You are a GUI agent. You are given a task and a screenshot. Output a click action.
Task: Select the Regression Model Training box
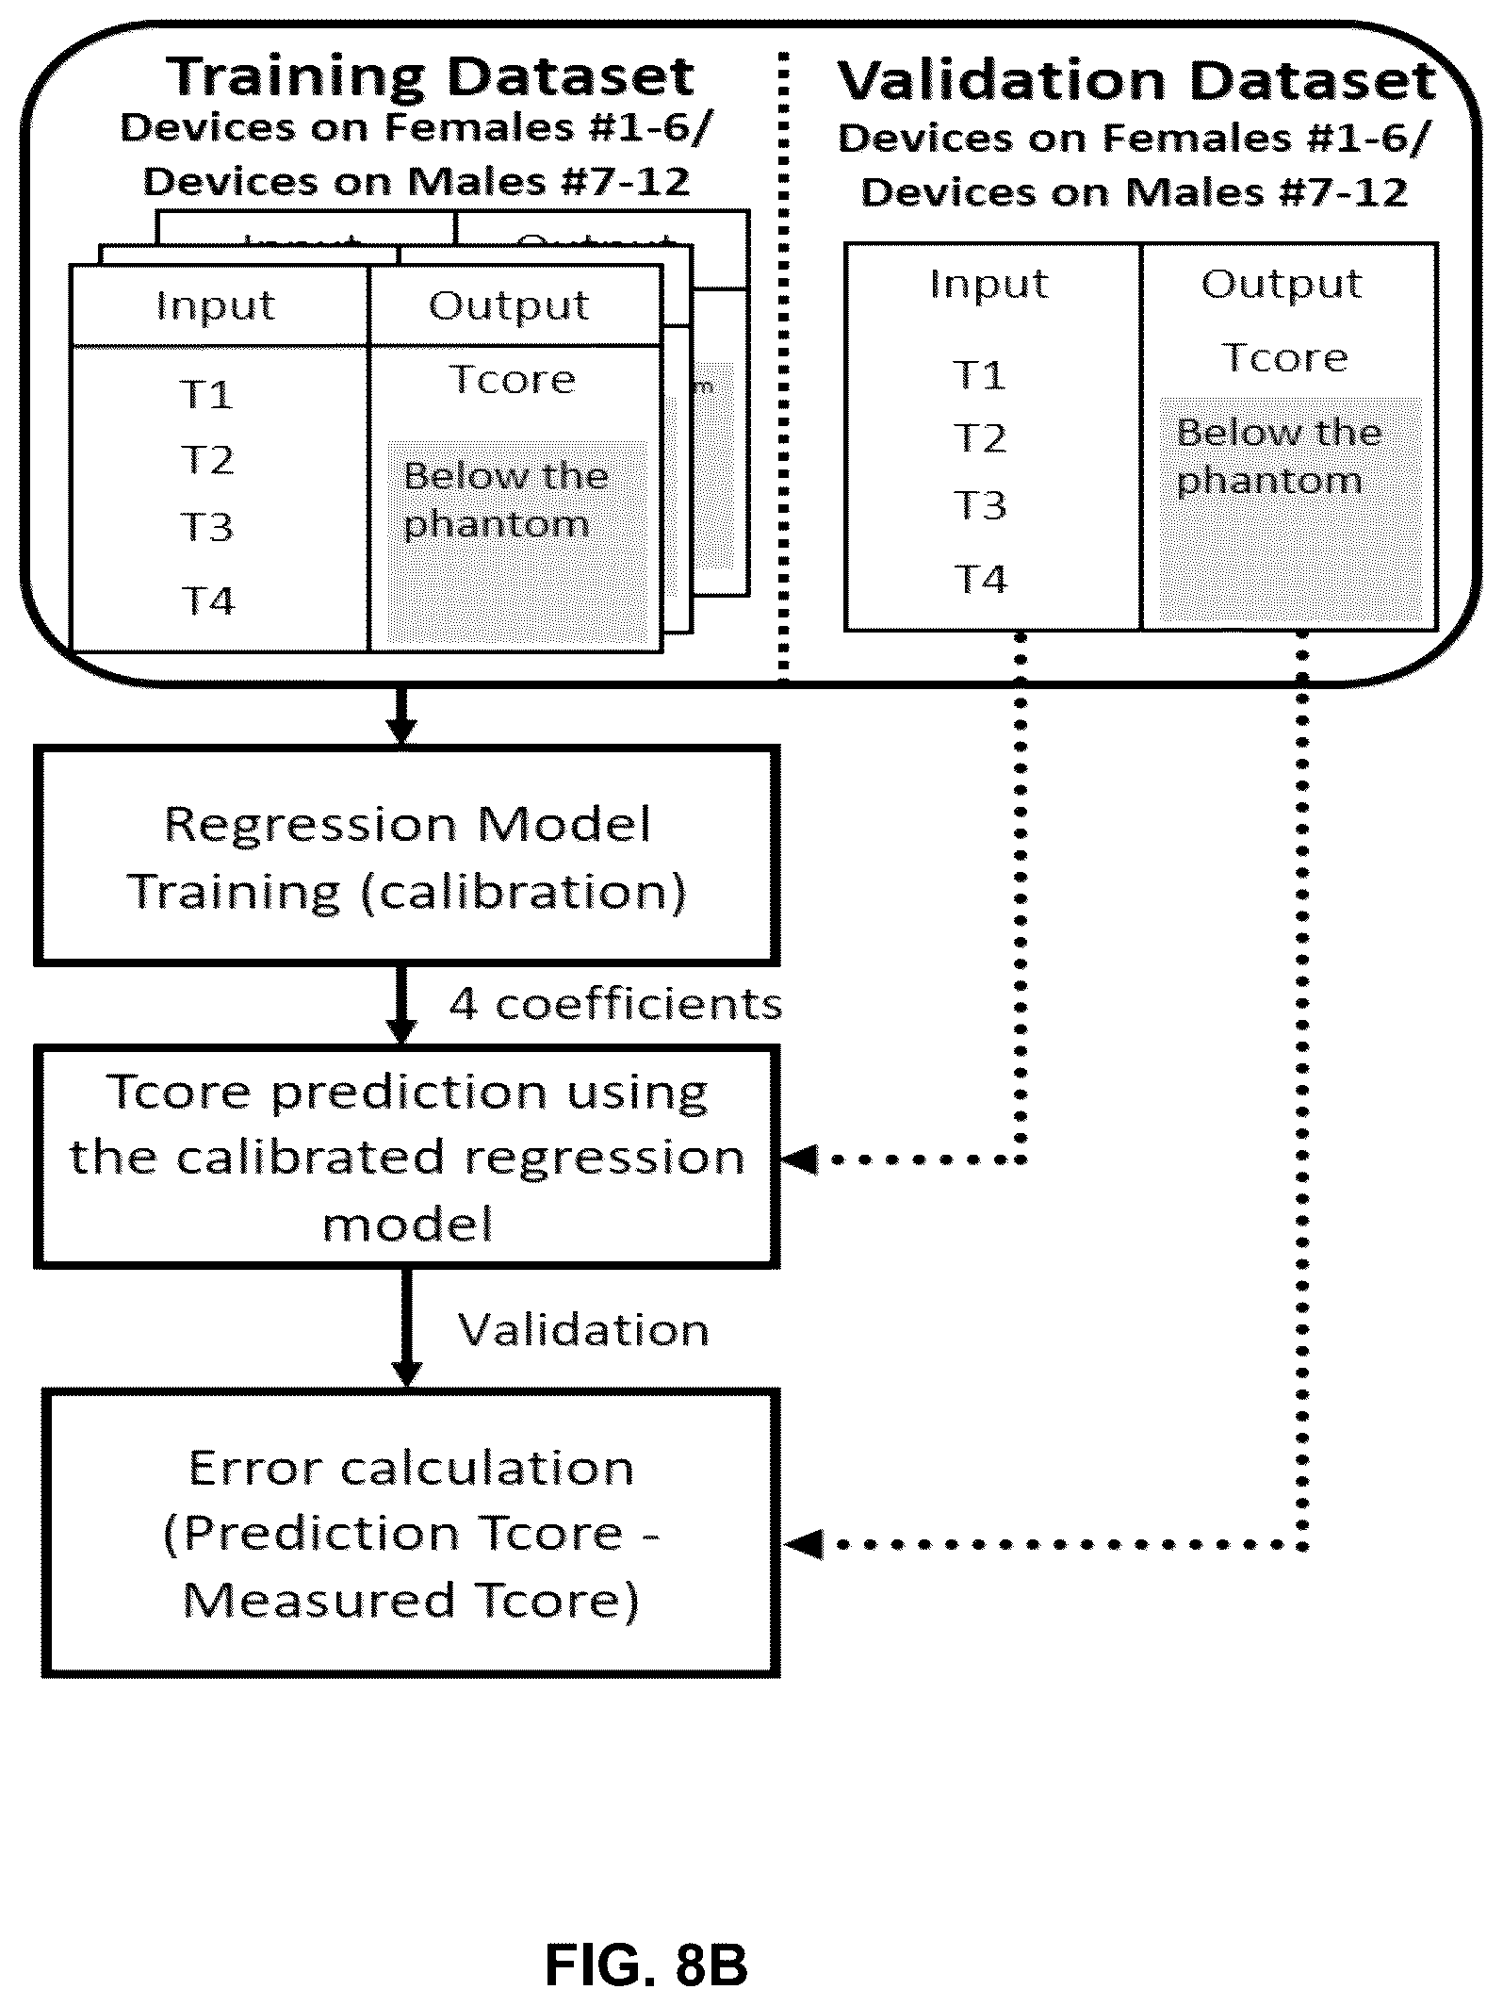point(406,856)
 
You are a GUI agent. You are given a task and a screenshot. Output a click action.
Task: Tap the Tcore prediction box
point(406,1157)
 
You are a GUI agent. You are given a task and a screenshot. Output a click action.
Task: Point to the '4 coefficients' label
point(615,1005)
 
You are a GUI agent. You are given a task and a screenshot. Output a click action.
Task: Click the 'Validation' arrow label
point(583,1330)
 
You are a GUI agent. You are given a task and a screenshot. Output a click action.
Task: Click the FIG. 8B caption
point(646,1965)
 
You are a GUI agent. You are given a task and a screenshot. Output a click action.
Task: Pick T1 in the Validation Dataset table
point(980,375)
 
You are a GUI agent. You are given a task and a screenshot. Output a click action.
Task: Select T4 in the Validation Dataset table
point(981,579)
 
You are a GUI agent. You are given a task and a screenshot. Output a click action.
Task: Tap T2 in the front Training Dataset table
point(207,460)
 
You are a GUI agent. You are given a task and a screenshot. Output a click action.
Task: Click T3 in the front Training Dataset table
point(207,527)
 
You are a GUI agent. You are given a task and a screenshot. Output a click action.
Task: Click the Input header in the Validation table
point(988,284)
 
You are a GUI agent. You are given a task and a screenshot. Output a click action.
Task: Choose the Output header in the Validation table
point(1282,284)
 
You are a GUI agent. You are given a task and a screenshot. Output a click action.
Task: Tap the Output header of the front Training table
point(509,305)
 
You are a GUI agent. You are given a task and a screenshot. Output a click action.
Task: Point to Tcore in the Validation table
point(1284,358)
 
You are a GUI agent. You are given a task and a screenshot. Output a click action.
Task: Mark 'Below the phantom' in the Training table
point(506,500)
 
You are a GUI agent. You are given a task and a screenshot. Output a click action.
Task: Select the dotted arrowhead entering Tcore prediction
point(800,1159)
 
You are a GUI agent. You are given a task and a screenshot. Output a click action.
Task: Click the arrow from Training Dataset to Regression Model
point(402,716)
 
